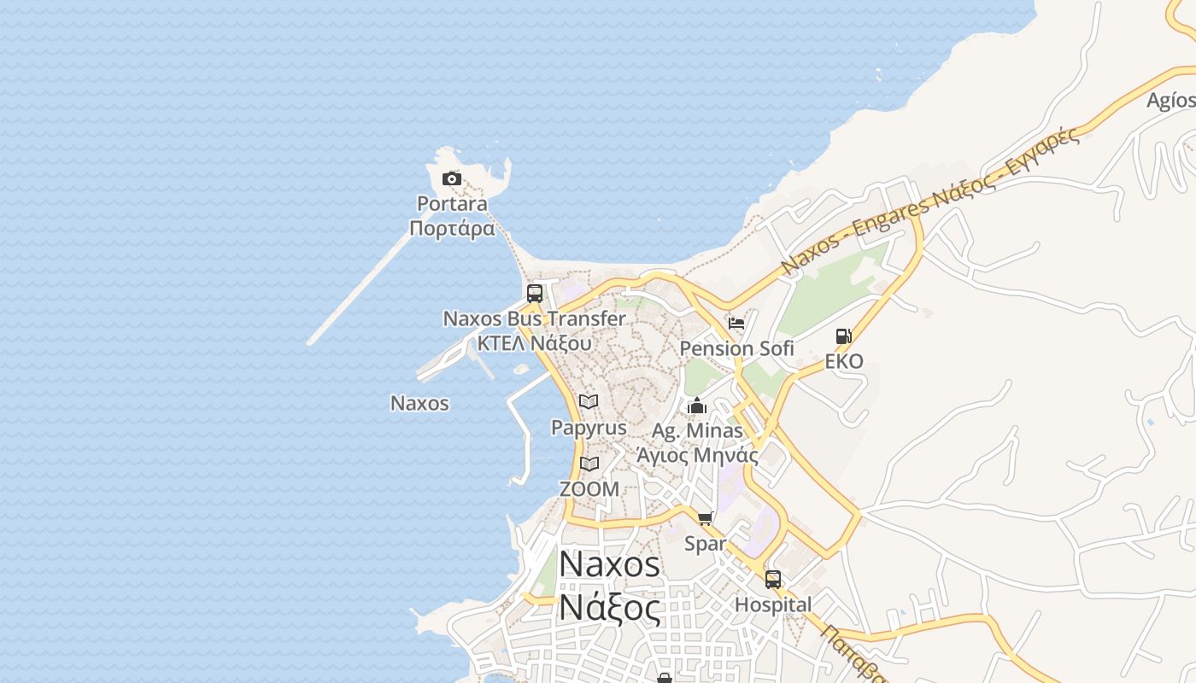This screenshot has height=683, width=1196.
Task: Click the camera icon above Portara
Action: pos(452,178)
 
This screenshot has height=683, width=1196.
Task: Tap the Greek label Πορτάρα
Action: pos(452,229)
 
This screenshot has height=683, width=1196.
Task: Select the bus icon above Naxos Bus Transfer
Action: pos(535,294)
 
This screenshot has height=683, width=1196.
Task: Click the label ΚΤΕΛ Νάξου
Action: pos(534,343)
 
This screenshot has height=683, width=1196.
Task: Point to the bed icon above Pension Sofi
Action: pos(736,324)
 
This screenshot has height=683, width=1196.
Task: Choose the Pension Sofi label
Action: pos(736,348)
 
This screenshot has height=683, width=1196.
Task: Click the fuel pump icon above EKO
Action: pos(843,336)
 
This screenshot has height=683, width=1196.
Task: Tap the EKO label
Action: pos(843,361)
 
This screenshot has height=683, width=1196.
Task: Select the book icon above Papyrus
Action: pos(589,401)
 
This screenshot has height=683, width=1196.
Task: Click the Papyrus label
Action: pos(589,427)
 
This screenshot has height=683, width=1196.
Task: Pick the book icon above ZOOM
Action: pos(589,464)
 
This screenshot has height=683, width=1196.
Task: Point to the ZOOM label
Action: pos(589,489)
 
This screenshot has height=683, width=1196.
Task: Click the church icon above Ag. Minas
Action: pos(697,406)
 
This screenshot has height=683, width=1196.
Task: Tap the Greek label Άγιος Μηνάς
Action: pos(697,455)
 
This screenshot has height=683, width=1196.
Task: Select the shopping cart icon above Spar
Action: pos(706,518)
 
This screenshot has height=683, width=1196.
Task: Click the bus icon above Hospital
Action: pos(773,580)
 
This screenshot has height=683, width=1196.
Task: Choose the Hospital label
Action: pos(773,604)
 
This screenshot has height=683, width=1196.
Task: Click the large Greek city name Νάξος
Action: pos(609,609)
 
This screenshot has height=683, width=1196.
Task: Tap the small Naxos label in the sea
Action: pos(419,403)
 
